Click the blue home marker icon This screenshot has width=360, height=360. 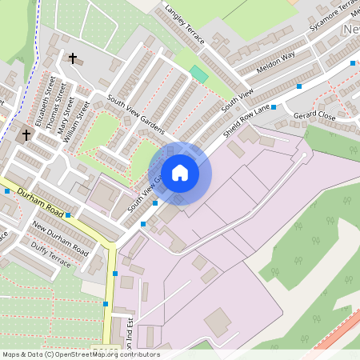(180, 172)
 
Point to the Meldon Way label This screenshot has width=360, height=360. (276, 63)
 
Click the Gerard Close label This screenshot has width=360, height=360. (314, 116)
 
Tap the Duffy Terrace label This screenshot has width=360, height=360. (51, 250)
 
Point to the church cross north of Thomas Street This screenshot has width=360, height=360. (73, 58)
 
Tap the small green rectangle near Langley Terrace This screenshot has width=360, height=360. (198, 73)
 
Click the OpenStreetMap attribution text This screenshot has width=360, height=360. (81, 354)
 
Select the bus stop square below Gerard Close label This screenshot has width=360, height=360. (274, 106)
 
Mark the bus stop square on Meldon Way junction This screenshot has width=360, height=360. (299, 86)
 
